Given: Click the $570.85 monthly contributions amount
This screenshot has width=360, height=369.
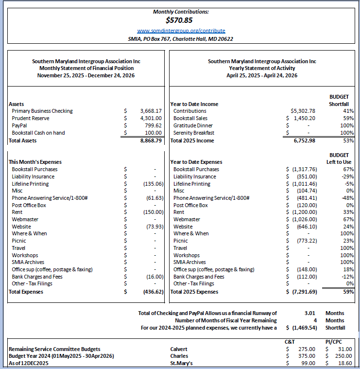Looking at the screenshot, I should (180, 20).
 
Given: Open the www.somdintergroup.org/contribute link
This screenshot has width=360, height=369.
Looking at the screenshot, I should (181, 31).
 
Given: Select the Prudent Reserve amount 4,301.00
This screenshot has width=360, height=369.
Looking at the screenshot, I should (151, 118).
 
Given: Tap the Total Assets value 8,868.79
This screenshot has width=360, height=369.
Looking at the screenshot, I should (151, 141).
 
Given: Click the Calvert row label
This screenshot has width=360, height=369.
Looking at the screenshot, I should (179, 349).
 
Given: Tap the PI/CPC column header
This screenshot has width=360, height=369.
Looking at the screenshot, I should (334, 342).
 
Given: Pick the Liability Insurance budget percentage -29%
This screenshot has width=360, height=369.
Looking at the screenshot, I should (346, 176).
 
